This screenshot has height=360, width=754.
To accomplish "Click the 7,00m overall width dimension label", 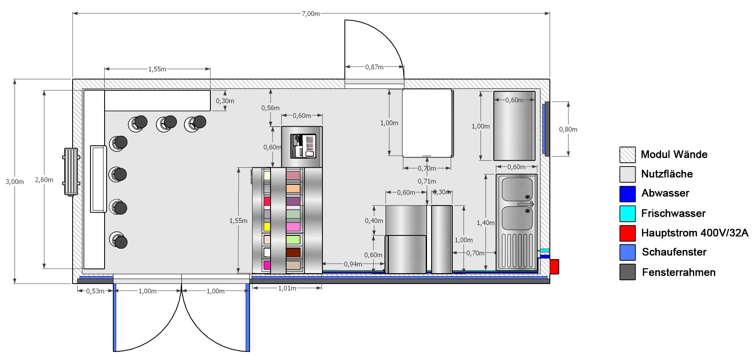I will click(311, 14).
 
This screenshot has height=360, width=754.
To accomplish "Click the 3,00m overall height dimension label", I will click(15, 181).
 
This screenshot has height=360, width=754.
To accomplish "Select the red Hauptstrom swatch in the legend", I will click(627, 233).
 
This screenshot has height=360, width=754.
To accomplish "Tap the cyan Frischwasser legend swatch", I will click(627, 213).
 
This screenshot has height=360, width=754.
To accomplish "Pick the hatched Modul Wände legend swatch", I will click(627, 154).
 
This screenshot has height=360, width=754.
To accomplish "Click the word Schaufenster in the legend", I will click(674, 252).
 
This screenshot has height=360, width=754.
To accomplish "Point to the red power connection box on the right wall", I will click(554, 267).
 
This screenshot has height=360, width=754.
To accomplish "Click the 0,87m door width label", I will click(374, 67).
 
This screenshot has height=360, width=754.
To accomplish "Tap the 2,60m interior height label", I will click(44, 180).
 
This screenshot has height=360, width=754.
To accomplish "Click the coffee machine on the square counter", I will click(302, 146).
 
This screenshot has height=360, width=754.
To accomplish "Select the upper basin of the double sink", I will click(517, 189).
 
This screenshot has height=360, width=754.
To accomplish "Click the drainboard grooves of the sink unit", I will click(517, 250).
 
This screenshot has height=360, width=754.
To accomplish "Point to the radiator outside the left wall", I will click(71, 171).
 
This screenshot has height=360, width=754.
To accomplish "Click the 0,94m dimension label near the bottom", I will click(353, 264).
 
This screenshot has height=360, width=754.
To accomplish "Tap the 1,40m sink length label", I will click(486, 223).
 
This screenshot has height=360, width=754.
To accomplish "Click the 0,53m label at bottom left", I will click(95, 291).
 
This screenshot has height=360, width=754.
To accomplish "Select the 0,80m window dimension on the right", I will click(568, 130).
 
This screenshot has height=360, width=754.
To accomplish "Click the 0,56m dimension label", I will click(270, 108).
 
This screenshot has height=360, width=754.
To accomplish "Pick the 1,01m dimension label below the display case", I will click(287, 288).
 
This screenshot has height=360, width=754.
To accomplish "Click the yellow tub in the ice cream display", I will click(267, 227).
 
